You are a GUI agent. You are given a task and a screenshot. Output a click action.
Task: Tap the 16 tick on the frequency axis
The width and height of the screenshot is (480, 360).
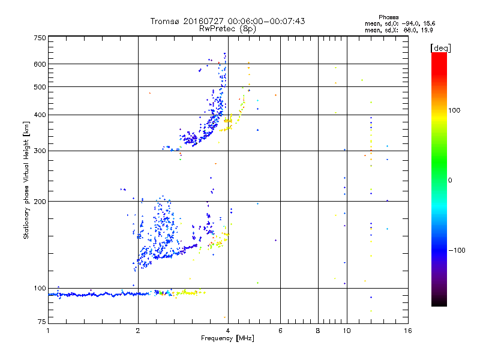pyautogui.click(x=407, y=331)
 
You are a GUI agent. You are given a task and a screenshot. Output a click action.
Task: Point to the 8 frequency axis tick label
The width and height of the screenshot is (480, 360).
pyautogui.click(x=318, y=331)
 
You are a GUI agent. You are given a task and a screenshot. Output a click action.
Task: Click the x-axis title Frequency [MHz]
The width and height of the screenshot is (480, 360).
pyautogui.click(x=227, y=338)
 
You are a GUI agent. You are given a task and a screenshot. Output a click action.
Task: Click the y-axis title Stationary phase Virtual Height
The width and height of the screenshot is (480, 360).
pyautogui.click(x=26, y=180)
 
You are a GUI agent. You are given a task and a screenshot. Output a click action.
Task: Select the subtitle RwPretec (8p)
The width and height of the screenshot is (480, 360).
pyautogui.click(x=227, y=28)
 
